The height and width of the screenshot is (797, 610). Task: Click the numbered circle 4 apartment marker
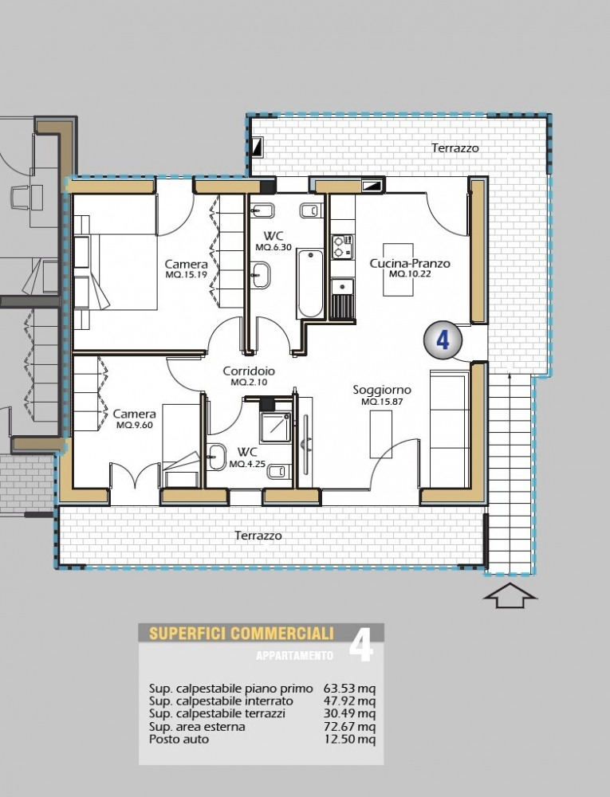pos(443,340)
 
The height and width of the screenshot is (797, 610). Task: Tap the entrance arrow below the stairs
pos(510,595)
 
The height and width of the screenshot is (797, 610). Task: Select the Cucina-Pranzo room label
pos(410,263)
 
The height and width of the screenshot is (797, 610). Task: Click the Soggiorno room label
pos(382,391)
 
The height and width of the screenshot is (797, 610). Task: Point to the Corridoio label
pos(249,371)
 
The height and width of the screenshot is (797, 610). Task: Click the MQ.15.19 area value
pos(186,274)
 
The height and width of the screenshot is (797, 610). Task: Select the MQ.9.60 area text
pos(134,425)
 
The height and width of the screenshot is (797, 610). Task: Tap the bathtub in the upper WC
pos(310,283)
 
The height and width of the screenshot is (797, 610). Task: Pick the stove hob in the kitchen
pos(342,246)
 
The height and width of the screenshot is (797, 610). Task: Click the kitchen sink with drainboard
pos(342,298)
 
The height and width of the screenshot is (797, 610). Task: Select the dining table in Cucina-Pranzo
pos(398,269)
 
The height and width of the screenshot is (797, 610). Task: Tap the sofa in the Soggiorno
pos(450,430)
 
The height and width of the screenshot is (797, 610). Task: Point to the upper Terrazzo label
pos(455,148)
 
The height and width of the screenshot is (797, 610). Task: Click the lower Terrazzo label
pos(258,536)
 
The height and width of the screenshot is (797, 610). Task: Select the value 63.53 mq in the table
pos(349,689)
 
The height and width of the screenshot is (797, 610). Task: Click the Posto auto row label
pos(179,739)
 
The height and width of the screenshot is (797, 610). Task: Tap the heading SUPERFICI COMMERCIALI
pos(242,634)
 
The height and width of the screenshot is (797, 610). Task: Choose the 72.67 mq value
pos(349,726)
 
